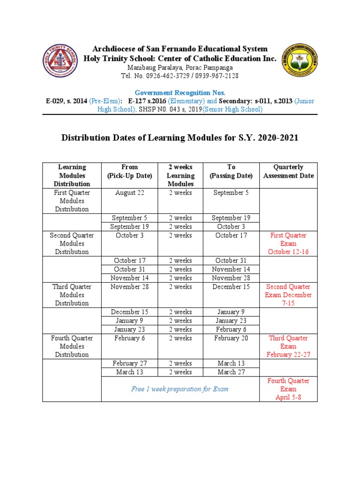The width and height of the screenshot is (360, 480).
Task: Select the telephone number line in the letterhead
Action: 180,76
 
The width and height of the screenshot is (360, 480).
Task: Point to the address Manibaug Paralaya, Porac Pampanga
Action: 180,67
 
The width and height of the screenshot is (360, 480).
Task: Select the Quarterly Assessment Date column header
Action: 288,171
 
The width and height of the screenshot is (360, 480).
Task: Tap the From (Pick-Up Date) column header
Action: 129,171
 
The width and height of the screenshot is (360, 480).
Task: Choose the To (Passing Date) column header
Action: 231,171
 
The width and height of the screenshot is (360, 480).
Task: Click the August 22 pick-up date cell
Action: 129,193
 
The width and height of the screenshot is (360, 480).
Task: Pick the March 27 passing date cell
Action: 231,372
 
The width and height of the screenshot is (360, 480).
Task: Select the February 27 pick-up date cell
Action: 129,363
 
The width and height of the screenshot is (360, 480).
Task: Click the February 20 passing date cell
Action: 231,338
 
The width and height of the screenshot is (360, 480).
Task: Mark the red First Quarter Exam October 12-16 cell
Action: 288,244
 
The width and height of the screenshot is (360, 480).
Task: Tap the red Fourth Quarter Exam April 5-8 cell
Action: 288,389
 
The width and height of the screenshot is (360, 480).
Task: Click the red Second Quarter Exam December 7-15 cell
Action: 288,295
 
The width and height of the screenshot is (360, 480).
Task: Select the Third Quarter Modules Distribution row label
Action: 72,295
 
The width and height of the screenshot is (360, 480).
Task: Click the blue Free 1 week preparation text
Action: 180,389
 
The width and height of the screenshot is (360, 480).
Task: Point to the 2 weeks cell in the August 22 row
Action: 180,193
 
